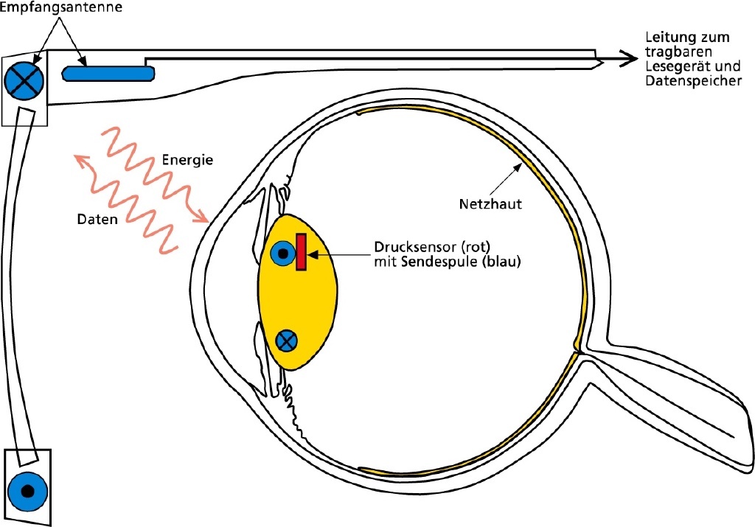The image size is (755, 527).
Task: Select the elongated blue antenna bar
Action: tap(108, 72)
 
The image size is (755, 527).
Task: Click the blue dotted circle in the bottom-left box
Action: tap(27, 490)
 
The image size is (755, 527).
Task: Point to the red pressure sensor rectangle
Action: tap(301, 252)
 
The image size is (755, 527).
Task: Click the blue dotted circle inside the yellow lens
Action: tap(282, 254)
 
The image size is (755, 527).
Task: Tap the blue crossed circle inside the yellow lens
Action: tap(287, 340)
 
